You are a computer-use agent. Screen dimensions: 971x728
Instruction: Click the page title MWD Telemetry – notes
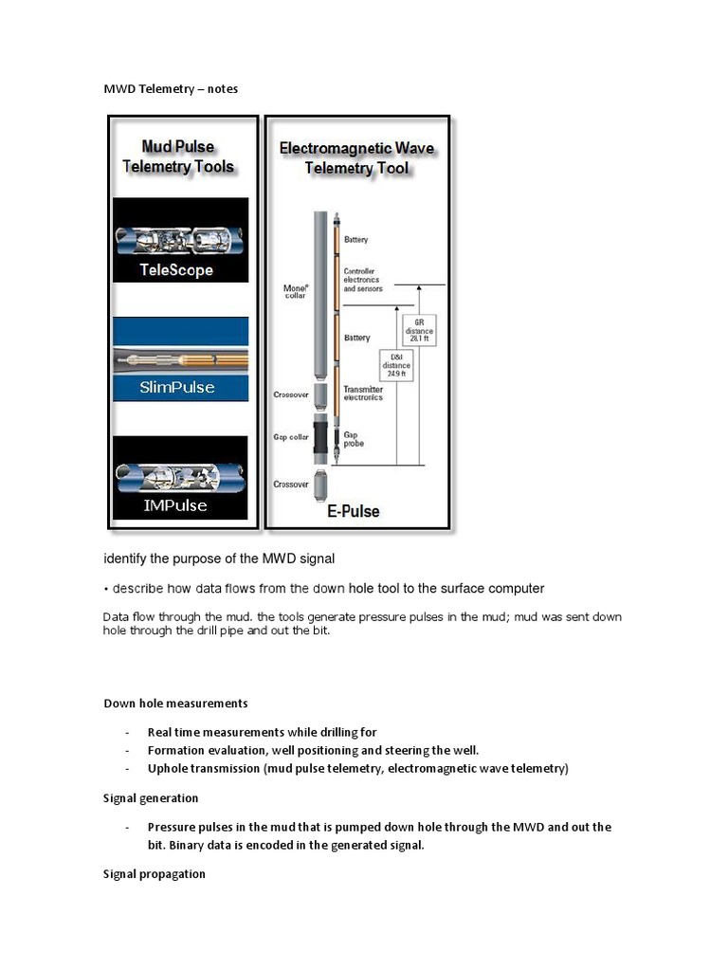[x=171, y=89]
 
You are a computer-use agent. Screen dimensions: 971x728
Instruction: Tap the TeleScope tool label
[x=176, y=269]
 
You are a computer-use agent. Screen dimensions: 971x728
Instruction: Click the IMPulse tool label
[x=175, y=505]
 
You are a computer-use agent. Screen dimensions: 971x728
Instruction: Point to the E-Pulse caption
[x=355, y=511]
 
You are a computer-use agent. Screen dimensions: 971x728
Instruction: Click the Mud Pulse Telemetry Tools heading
[x=178, y=156]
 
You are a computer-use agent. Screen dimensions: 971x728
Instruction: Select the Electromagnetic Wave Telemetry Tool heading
[x=356, y=158]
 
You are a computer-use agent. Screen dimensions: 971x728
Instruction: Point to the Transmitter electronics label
[x=363, y=393]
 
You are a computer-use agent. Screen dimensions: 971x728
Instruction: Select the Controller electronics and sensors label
[x=363, y=280]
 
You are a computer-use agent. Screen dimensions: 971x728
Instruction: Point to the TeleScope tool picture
[x=180, y=237]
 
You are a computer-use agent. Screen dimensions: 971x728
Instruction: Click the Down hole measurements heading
[x=175, y=704]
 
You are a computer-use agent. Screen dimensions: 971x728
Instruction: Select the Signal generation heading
[x=151, y=798]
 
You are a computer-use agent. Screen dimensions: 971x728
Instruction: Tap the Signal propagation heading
[x=155, y=874]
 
